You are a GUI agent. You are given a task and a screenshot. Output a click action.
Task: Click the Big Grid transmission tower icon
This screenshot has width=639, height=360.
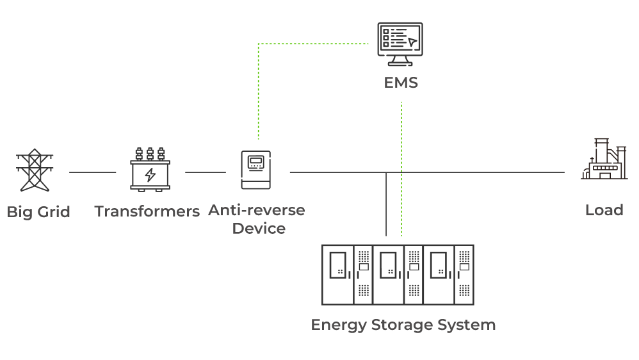pos(33,170)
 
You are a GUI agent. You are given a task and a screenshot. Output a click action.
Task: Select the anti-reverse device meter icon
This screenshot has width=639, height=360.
pos(256,170)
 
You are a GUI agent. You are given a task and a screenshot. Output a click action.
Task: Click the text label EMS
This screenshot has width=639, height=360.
pos(401,83)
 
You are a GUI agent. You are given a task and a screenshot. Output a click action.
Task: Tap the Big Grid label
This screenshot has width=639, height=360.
pos(38,212)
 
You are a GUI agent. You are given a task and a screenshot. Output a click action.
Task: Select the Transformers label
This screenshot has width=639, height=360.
pos(147,211)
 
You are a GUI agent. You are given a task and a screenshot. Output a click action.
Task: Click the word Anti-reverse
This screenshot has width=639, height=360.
pos(257,210)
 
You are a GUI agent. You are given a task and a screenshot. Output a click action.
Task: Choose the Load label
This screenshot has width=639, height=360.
pos(604,210)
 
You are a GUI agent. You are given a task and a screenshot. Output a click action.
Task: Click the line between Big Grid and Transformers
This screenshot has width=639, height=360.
pos(92,172)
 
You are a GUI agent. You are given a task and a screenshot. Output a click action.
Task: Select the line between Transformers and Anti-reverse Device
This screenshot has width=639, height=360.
pos(205,172)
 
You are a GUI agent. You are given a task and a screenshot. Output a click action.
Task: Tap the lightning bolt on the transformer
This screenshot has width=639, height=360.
pos(150,174)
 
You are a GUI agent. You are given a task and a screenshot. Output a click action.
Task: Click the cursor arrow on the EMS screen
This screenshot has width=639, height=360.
pos(412,42)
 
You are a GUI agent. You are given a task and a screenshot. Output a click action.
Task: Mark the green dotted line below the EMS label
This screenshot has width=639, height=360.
pos(401,160)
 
